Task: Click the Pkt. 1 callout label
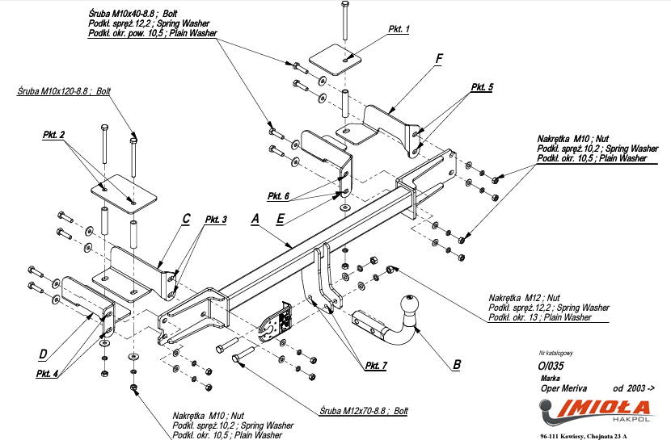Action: [x=399, y=29]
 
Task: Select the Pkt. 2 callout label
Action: [x=53, y=135]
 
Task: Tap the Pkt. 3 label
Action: [x=216, y=220]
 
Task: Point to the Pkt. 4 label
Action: [x=47, y=373]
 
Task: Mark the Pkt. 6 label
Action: [x=278, y=196]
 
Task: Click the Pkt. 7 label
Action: [x=376, y=366]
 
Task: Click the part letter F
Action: [x=439, y=59]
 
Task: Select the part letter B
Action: [x=457, y=364]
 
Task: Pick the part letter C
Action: [x=186, y=218]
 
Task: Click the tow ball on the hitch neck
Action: [x=411, y=310]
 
